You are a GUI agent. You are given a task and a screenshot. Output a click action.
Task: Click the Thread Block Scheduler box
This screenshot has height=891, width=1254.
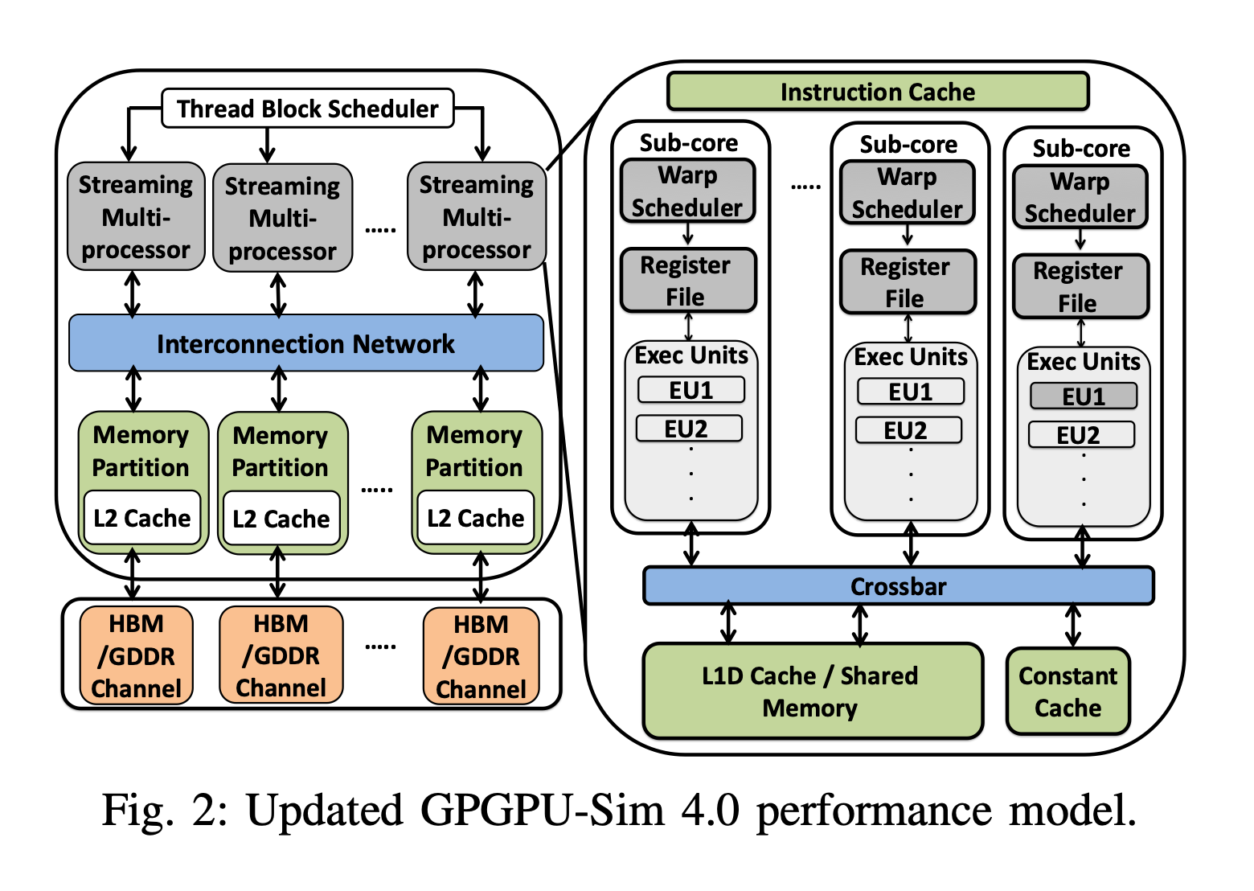(307, 109)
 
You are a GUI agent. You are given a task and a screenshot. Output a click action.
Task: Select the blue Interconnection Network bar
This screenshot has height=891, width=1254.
(305, 343)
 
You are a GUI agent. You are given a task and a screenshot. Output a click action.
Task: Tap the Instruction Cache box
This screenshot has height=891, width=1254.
(877, 92)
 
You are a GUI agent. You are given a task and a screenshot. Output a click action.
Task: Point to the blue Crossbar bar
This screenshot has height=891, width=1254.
(898, 586)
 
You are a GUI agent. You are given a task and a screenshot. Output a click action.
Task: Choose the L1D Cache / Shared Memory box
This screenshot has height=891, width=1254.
(812, 691)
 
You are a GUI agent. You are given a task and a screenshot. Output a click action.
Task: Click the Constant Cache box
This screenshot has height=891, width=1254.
(1068, 692)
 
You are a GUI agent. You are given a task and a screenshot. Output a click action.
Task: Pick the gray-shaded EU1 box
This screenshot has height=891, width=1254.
(1083, 396)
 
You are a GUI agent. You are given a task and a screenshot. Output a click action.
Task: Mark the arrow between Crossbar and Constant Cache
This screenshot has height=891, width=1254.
(1073, 626)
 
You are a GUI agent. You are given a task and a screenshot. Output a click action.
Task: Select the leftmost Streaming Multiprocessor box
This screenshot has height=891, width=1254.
(136, 217)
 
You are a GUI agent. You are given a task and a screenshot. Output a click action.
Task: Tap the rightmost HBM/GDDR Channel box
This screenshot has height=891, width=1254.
(481, 656)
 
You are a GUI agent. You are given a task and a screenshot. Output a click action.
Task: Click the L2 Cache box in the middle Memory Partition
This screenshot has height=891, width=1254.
(281, 519)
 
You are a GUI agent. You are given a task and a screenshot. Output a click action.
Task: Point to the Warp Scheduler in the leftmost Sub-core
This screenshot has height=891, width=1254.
(687, 191)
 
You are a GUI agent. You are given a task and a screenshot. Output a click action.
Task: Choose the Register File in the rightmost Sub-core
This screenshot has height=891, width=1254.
(1080, 287)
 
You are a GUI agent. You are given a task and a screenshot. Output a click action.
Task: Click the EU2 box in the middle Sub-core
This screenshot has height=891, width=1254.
(908, 430)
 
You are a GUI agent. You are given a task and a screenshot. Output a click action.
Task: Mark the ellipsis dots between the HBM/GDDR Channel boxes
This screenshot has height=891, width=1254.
(380, 647)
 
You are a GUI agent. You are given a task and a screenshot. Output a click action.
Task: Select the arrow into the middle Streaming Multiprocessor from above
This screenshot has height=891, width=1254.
(268, 145)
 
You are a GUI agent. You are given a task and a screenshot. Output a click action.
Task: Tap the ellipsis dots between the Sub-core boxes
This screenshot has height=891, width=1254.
(805, 187)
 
